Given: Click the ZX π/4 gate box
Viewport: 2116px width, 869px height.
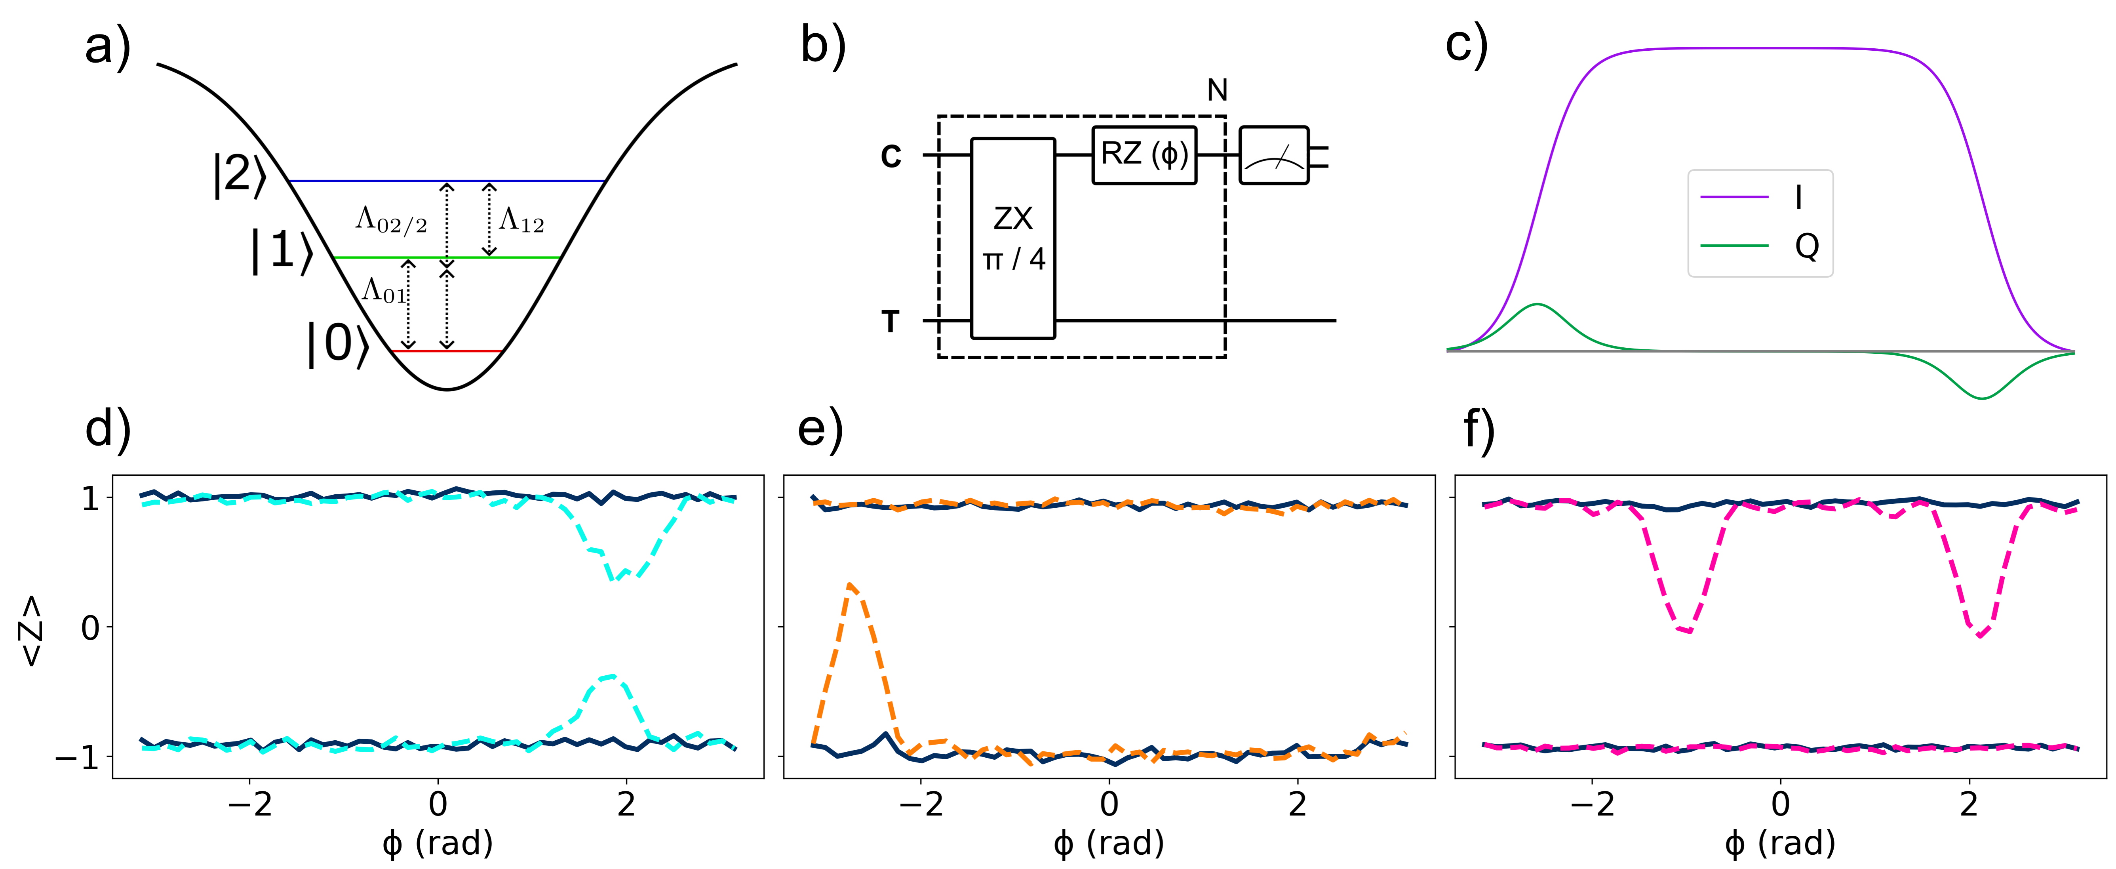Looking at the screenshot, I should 1013,238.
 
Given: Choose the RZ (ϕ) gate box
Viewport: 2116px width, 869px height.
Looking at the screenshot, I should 1144,154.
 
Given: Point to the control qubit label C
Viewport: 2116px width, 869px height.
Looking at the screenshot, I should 891,155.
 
